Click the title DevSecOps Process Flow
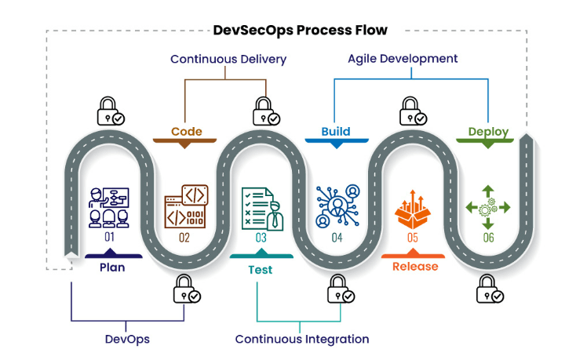(300, 31)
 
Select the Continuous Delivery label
(228, 59)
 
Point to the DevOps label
(127, 340)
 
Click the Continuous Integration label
(302, 340)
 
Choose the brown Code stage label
(187, 132)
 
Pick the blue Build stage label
(336, 132)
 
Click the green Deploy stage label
(488, 132)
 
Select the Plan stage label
(111, 267)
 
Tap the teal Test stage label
(261, 269)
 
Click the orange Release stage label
(415, 267)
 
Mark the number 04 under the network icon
(337, 237)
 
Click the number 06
(488, 237)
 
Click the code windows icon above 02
(185, 206)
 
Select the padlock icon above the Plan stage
(110, 111)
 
